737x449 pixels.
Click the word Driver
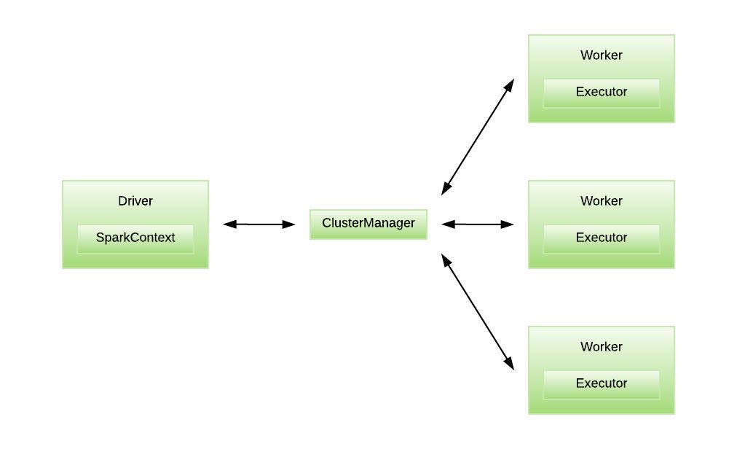click(135, 200)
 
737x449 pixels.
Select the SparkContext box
click(135, 238)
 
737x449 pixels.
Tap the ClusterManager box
click(368, 224)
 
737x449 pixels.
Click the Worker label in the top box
click(602, 55)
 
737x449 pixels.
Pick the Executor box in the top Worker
click(602, 93)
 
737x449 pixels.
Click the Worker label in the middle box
click(602, 200)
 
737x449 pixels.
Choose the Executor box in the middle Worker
click(602, 238)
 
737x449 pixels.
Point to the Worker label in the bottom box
click(602, 347)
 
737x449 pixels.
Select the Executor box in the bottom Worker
click(602, 383)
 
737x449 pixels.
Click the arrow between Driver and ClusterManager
click(259, 224)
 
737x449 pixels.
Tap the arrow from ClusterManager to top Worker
click(478, 137)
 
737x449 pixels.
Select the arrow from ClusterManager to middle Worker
click(478, 224)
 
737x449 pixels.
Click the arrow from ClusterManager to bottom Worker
click(478, 312)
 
